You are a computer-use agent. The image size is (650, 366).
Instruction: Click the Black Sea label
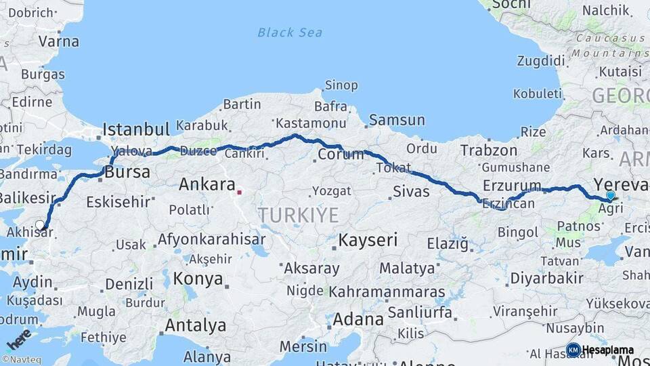pos(290,33)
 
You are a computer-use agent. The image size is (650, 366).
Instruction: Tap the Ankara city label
pos(207,184)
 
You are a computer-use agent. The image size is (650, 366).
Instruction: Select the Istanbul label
pos(136,129)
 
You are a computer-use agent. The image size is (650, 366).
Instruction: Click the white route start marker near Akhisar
pos(41,225)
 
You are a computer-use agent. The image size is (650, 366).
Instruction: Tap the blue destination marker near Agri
pos(611,196)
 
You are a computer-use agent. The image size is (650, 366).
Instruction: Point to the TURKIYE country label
pos(298,216)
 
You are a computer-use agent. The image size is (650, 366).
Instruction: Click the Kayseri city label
pos(368,240)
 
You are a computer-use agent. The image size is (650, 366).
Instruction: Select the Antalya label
pos(196,325)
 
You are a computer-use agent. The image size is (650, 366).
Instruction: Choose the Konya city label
pos(198,279)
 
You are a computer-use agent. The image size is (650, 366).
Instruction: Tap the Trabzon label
pos(488,150)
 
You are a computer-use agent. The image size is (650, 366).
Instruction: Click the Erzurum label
pos(512,186)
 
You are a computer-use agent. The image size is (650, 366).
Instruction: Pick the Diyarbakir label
pos(546,278)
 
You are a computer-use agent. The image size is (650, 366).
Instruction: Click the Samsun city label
pos(397,121)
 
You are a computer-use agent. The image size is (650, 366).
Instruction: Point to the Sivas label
pos(411,191)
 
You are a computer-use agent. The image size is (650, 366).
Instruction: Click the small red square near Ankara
pos(239,192)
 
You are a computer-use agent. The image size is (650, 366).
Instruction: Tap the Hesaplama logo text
pos(607,350)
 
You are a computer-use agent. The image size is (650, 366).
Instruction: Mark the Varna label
pos(58,41)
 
